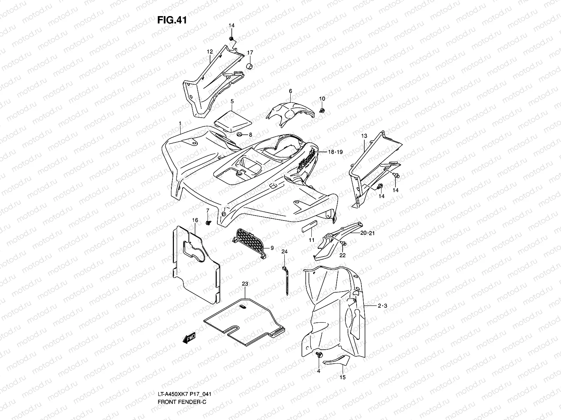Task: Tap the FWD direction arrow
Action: point(189,338)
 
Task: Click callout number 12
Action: point(210,52)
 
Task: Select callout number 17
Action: point(250,52)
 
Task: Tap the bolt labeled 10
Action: point(322,110)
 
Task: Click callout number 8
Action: point(250,135)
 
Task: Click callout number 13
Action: point(364,136)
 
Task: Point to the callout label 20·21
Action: point(367,233)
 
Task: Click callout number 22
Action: point(342,255)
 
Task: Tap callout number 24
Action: point(284,252)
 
